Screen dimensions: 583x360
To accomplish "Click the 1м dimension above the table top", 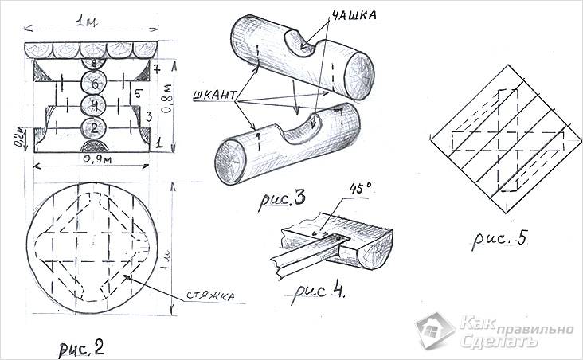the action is click(87, 22).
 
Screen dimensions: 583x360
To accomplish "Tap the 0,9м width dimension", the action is click(97, 159).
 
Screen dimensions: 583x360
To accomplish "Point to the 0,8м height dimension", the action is click(168, 98).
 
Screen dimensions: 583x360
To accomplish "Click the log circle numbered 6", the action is click(96, 84).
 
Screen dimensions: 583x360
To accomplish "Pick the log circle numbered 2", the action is click(94, 128).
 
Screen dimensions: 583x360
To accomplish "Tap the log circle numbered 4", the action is click(95, 106).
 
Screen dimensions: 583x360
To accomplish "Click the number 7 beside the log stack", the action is click(157, 70).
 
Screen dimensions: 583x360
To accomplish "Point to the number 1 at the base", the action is click(158, 142).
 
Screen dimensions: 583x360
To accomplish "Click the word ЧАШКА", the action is click(354, 14).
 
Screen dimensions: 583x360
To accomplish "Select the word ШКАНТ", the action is click(214, 96).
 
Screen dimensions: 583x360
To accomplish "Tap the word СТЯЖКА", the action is click(210, 296).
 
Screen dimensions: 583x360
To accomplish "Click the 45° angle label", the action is click(360, 190).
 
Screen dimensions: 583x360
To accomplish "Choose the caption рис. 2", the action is click(81, 349).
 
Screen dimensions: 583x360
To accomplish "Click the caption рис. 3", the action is click(282, 200).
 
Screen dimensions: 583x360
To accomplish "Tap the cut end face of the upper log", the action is click(360, 76).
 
